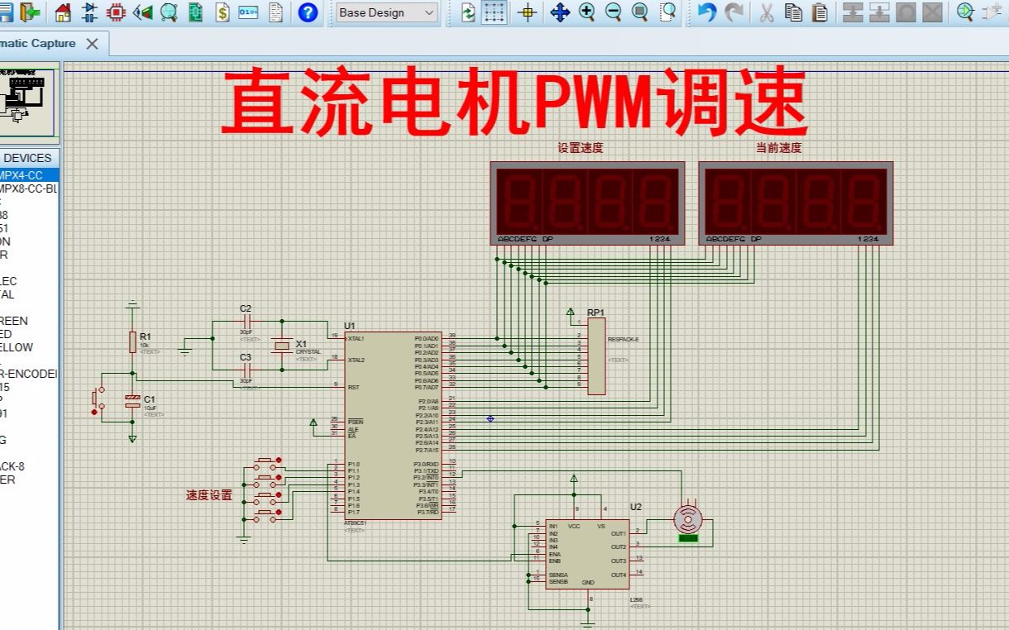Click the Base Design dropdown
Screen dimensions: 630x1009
point(386,12)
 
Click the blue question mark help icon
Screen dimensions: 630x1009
point(308,12)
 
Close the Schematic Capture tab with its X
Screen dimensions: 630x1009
point(93,44)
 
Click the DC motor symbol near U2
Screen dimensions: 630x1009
point(688,520)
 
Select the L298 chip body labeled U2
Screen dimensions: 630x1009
point(586,553)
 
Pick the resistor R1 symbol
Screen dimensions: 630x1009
point(132,341)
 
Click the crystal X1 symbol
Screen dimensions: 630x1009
point(282,346)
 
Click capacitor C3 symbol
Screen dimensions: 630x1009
point(246,369)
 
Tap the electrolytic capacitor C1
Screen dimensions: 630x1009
point(132,401)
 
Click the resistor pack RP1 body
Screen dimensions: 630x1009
point(596,356)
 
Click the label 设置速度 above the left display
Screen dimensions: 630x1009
point(580,148)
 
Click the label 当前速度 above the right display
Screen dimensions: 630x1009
point(778,148)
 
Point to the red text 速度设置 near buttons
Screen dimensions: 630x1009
point(208,495)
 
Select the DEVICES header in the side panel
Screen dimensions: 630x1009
point(27,158)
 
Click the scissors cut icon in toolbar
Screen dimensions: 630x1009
point(767,12)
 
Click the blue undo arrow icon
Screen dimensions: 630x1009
point(705,12)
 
